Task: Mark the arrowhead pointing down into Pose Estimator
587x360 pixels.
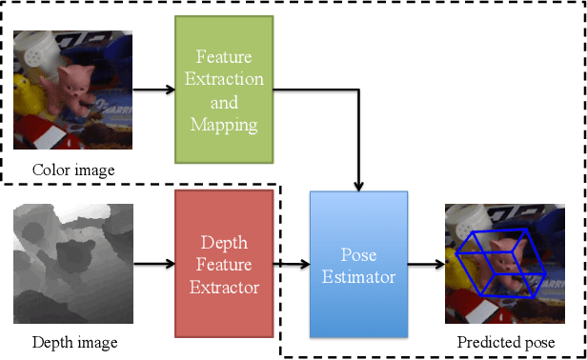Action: (358, 182)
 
